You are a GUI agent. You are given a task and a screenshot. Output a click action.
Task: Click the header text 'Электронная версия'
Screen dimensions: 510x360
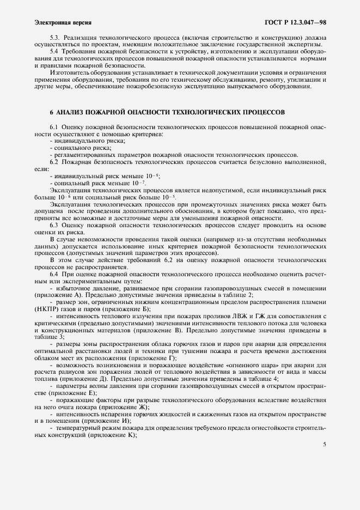coord(63,23)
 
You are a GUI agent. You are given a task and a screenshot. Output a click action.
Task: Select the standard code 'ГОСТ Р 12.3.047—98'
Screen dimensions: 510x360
coord(295,23)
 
